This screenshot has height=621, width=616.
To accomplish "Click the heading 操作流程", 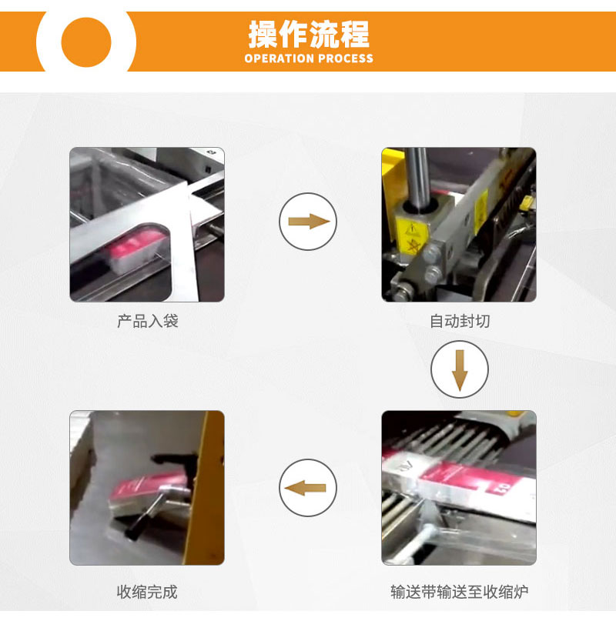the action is [x=309, y=34].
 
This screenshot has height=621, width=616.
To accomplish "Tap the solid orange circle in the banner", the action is [x=86, y=42].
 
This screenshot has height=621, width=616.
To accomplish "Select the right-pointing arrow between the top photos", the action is [x=309, y=222].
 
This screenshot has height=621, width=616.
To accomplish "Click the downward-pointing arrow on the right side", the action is [x=460, y=370].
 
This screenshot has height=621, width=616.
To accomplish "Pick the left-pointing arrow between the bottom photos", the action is [x=305, y=488].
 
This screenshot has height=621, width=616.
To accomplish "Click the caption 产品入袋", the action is [x=148, y=321].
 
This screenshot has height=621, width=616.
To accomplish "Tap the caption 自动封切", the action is [x=460, y=321].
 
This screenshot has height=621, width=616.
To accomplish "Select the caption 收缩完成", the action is [x=147, y=592].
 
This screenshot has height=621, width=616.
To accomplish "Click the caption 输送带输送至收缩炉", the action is [x=460, y=592].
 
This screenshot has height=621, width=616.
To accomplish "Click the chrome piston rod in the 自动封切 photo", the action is [x=417, y=176].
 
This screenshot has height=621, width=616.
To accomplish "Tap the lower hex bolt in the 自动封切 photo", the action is [x=432, y=274].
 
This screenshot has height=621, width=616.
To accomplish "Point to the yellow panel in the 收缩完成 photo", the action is [x=204, y=488].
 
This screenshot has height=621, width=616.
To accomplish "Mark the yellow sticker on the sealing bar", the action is [x=480, y=211].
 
